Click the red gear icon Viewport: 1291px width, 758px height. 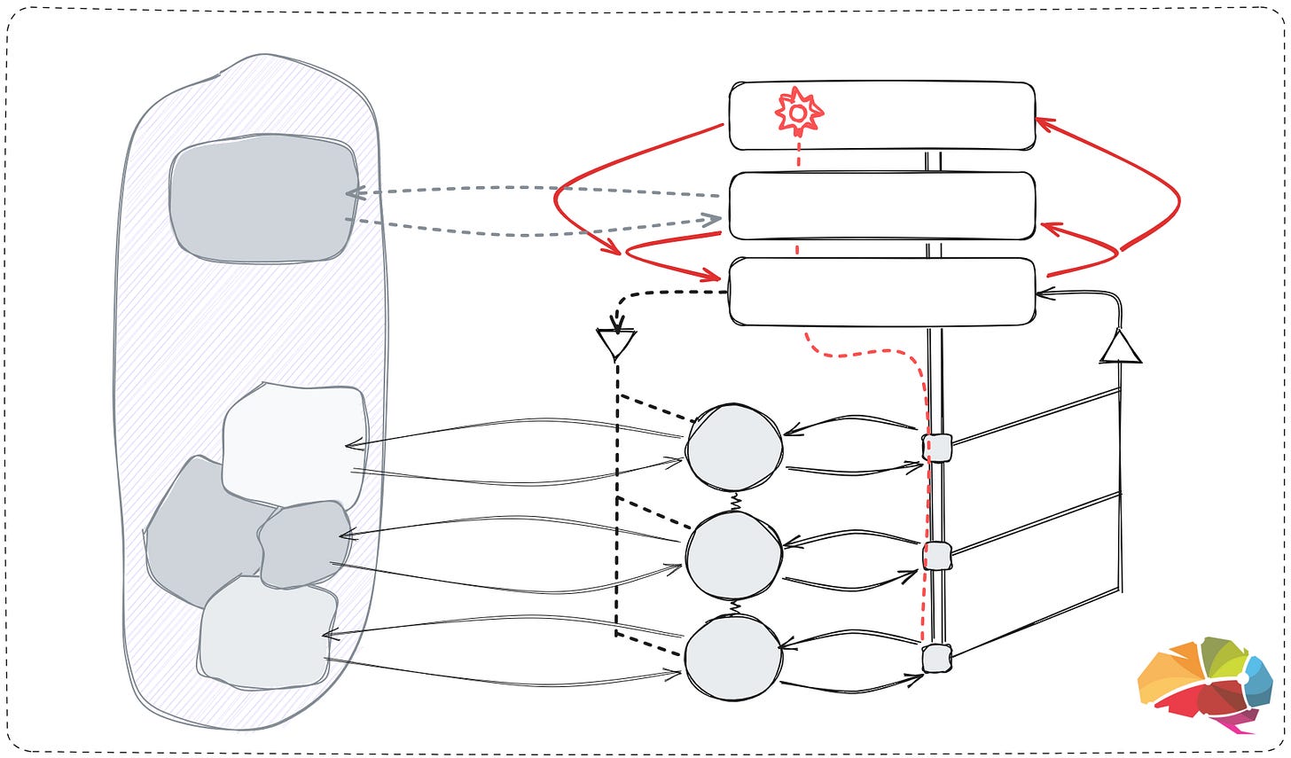tap(799, 113)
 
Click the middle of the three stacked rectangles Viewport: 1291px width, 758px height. tap(881, 206)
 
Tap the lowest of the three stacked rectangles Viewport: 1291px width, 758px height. tap(881, 292)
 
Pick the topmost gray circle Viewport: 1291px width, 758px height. tap(734, 448)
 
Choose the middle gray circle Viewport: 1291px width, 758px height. tap(734, 555)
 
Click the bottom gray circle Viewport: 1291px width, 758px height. tap(734, 658)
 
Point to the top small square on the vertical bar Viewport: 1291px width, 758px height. tap(936, 448)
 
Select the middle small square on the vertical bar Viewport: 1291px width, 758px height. tap(936, 556)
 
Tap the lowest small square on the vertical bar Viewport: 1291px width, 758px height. tap(936, 659)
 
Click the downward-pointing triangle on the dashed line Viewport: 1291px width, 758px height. tap(616, 342)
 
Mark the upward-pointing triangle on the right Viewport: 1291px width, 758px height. tap(1121, 348)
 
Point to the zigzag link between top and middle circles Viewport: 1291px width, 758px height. tap(735, 502)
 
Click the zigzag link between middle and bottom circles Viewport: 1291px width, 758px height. tap(735, 607)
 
